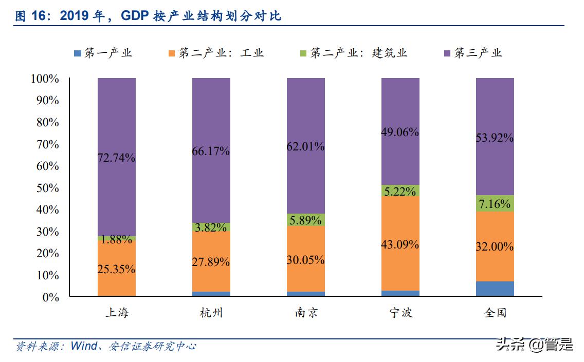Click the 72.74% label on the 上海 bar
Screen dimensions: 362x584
(x=116, y=158)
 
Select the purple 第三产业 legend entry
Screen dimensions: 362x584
(x=472, y=53)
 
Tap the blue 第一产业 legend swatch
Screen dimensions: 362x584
(x=78, y=53)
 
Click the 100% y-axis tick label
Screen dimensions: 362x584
(x=45, y=79)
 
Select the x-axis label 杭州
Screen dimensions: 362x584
(x=211, y=313)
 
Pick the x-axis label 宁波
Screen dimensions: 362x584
(x=400, y=313)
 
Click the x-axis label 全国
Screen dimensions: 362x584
(x=495, y=313)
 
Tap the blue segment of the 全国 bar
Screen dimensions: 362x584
(x=495, y=289)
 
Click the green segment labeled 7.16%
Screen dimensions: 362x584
(x=495, y=204)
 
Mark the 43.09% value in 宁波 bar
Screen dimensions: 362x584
(x=400, y=244)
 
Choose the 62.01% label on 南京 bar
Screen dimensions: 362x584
(x=306, y=146)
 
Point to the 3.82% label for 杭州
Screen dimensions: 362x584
(x=211, y=227)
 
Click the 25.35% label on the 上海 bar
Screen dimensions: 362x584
(x=116, y=269)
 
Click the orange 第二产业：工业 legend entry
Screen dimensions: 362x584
(x=216, y=53)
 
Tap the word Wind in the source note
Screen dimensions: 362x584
(x=83, y=346)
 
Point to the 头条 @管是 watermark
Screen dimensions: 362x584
(x=534, y=345)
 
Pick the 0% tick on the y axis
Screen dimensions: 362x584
(x=50, y=297)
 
